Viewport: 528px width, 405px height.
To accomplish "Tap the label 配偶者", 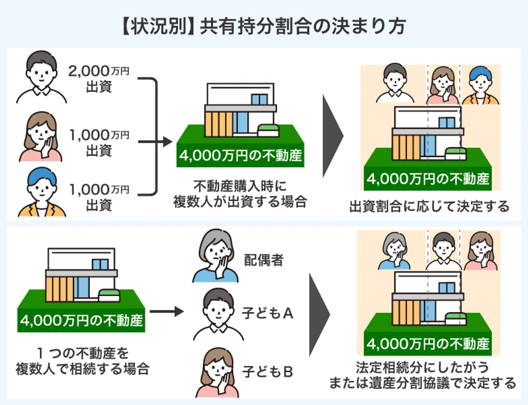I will (264, 260).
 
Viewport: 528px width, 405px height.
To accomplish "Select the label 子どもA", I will (267, 313).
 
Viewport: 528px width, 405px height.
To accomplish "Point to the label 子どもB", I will (267, 372).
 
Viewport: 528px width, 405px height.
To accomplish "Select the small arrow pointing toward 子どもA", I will (167, 312).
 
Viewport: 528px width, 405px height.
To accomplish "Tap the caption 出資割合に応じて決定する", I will (429, 207).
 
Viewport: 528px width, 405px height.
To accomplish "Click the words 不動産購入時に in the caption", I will (240, 186).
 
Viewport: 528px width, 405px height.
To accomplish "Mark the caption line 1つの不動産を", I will (83, 353).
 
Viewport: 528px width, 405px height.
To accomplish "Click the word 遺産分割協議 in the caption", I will (409, 383).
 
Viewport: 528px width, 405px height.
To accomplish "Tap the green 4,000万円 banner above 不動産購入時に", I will (240, 156).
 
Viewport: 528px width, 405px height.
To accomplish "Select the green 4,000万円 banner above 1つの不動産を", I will (81, 321).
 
